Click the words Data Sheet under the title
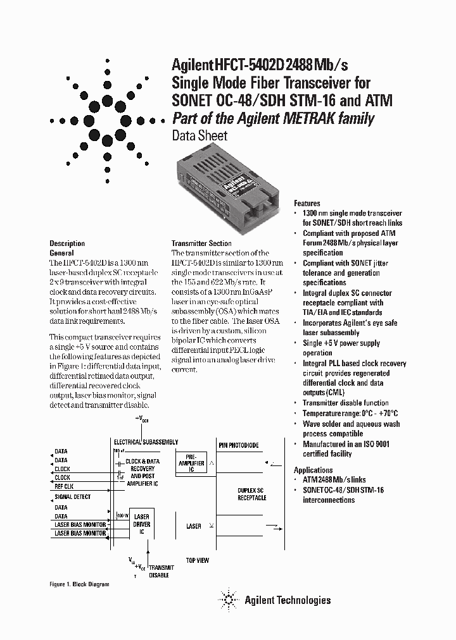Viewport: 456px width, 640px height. [199, 135]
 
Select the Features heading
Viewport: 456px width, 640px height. [307, 204]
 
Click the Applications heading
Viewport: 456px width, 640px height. [313, 470]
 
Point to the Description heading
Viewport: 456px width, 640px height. [67, 243]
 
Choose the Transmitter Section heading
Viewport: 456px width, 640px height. [201, 243]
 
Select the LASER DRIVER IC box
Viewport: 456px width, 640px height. [141, 524]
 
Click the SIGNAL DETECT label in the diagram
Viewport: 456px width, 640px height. [72, 497]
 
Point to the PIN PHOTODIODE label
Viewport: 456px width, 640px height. [239, 445]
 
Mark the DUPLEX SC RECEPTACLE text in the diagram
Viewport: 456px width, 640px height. [252, 494]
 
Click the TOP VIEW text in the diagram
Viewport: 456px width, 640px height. [198, 560]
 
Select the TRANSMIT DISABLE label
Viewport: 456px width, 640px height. [161, 572]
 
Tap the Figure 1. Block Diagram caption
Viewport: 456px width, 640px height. [79, 584]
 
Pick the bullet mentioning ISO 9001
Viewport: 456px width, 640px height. [345, 449]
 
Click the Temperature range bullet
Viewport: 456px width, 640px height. [350, 413]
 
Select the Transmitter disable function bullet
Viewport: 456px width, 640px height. [345, 403]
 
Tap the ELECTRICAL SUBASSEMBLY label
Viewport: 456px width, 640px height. [146, 442]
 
